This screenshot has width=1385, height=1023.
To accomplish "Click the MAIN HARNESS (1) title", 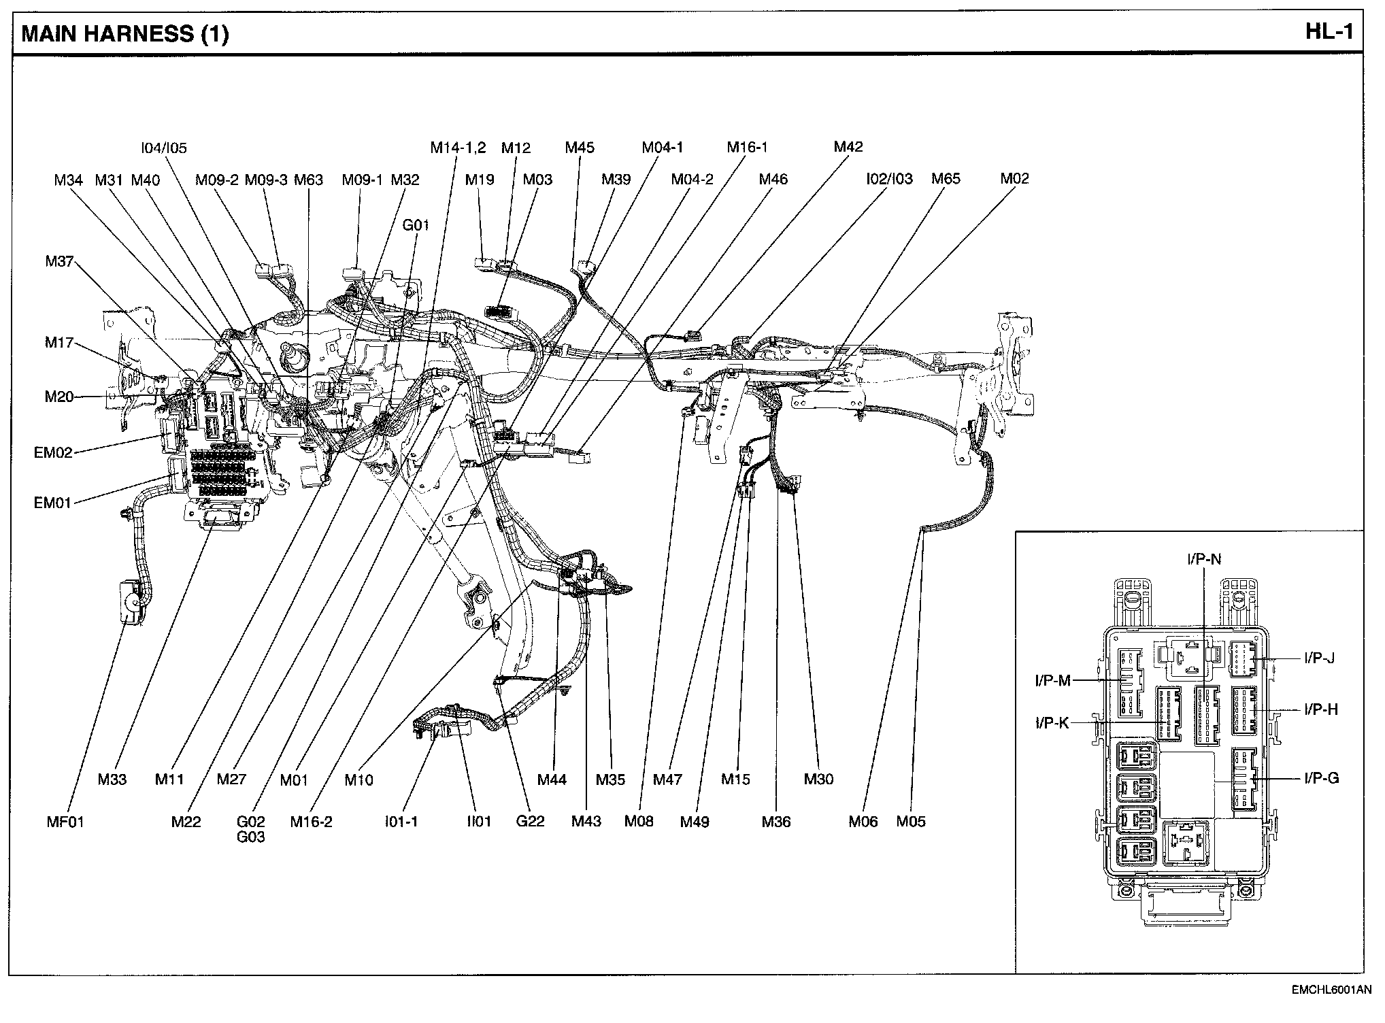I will pyautogui.click(x=125, y=34).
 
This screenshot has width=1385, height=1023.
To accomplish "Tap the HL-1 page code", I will pyautogui.click(x=1329, y=32).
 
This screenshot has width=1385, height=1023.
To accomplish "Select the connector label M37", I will pyautogui.click(x=59, y=261).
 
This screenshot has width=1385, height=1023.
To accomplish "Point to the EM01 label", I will pyautogui.click(x=52, y=503).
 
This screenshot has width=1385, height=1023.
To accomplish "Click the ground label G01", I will pyautogui.click(x=416, y=225).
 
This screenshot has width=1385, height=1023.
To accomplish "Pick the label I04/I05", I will pyautogui.click(x=163, y=148).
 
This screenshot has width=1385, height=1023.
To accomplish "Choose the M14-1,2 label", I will pyautogui.click(x=458, y=148).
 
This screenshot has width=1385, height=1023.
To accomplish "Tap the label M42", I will pyautogui.click(x=848, y=147).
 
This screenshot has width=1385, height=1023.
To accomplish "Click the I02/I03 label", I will pyautogui.click(x=889, y=179).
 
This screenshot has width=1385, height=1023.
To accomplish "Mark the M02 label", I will pyautogui.click(x=1014, y=179).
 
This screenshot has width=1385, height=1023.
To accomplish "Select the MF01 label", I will pyautogui.click(x=65, y=822).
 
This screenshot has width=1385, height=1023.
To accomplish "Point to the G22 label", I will pyautogui.click(x=530, y=821).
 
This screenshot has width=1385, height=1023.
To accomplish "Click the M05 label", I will pyautogui.click(x=911, y=822).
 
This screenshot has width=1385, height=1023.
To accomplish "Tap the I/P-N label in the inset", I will pyautogui.click(x=1204, y=559).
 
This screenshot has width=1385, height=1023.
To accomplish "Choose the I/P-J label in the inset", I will pyautogui.click(x=1319, y=658).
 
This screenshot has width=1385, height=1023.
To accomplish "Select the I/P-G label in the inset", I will pyautogui.click(x=1321, y=778).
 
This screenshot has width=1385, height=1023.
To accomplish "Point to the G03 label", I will pyautogui.click(x=251, y=837).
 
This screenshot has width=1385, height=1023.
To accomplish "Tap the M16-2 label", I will pyautogui.click(x=311, y=822).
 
